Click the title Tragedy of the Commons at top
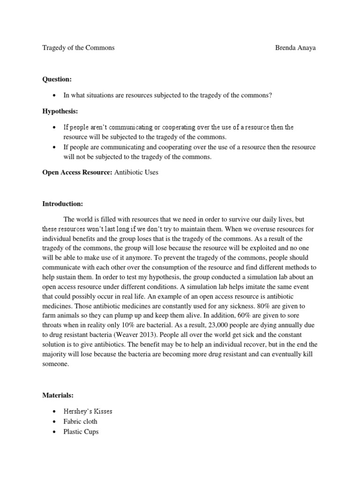(x=78, y=48)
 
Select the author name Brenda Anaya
(x=295, y=48)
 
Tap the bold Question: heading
(x=57, y=80)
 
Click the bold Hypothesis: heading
(x=60, y=111)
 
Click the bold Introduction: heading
(x=62, y=204)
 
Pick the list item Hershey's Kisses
(x=88, y=412)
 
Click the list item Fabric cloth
(x=81, y=421)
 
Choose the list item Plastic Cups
(x=81, y=432)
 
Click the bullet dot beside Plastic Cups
(x=55, y=432)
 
